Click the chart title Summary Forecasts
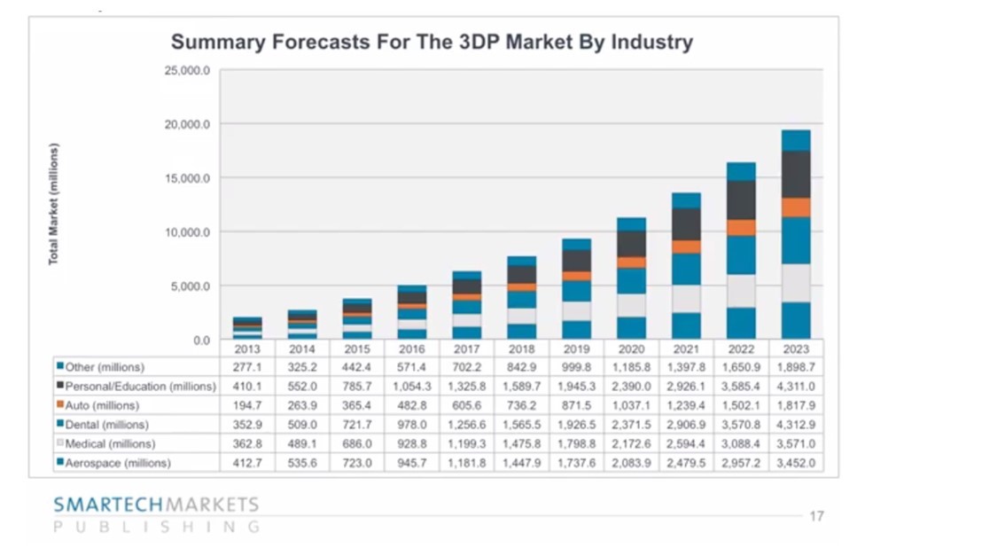tap(432, 42)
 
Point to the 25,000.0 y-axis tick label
tap(187, 70)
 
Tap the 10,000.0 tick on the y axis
tap(187, 232)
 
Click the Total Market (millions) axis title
tap(54, 203)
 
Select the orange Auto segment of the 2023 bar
tap(795, 207)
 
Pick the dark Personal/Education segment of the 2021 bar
tap(686, 224)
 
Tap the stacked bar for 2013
tap(247, 328)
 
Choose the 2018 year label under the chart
tap(521, 349)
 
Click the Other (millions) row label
tap(105, 367)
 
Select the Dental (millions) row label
tap(106, 425)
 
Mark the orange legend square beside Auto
tap(59, 405)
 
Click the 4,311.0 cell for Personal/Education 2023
tap(795, 387)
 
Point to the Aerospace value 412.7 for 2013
tap(247, 463)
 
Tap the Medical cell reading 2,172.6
tap(631, 443)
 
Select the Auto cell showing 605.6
tap(466, 405)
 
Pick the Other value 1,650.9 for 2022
tap(741, 367)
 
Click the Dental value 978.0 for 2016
tap(411, 425)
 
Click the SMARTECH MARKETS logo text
tap(156, 505)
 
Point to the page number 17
tap(816, 515)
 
